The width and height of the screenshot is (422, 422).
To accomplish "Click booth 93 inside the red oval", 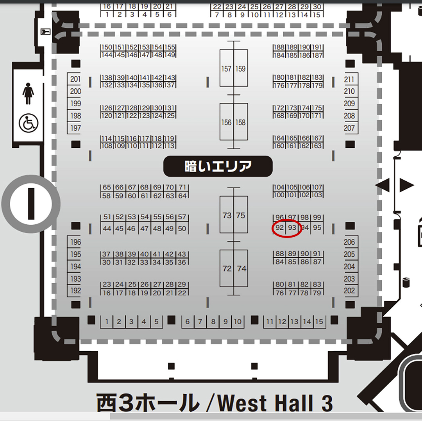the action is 292,228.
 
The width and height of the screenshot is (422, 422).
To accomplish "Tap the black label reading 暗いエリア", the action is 218,166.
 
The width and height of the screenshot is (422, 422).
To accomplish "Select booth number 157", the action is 227,69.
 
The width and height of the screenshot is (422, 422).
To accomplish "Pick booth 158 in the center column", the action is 241,122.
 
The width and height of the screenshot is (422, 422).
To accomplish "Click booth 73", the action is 227,215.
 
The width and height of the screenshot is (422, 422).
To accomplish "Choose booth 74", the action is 241,269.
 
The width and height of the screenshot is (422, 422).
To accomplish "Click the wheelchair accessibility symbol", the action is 28,123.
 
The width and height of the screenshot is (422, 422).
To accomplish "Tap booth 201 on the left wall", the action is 75,79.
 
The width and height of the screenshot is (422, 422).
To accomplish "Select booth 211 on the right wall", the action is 349,80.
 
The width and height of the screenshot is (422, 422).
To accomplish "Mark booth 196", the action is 75,242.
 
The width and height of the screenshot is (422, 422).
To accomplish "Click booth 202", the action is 349,291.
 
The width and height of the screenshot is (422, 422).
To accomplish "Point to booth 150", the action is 107,47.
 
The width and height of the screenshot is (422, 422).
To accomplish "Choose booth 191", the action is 317,47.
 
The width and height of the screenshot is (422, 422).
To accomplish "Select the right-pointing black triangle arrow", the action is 406,185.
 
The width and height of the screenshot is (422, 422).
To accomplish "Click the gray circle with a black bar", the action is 31,204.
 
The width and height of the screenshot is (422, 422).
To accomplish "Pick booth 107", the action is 317,188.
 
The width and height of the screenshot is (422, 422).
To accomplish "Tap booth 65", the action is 107,188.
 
